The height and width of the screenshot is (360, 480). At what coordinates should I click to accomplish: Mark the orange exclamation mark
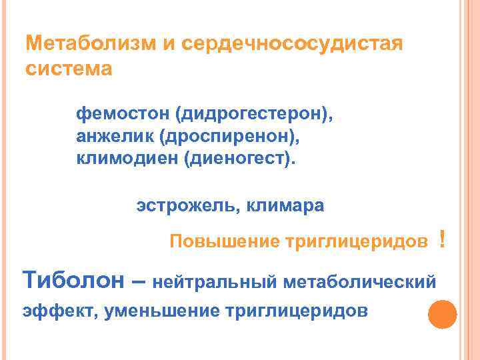coord(443,238)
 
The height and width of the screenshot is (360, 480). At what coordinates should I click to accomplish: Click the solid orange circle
coord(441,315)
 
